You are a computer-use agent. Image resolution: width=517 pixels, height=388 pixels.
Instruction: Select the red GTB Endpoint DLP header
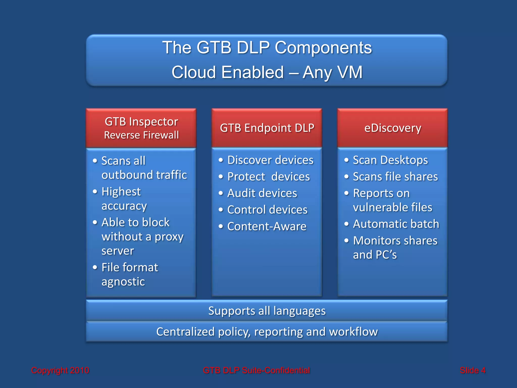[267, 128]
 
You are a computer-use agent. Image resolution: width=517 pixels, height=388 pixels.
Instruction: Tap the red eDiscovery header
[393, 128]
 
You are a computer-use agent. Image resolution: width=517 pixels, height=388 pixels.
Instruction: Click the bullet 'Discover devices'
[270, 160]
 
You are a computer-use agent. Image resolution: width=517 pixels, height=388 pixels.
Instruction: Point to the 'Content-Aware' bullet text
[267, 226]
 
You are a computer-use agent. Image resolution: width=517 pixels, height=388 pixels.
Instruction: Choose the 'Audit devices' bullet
[262, 193]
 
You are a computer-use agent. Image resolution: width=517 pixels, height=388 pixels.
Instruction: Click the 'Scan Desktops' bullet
[390, 160]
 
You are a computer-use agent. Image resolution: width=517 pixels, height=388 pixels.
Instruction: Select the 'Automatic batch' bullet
[396, 224]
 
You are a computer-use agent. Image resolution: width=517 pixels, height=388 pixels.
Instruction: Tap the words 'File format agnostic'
[130, 274]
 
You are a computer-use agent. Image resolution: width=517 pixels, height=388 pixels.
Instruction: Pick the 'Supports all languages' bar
[267, 311]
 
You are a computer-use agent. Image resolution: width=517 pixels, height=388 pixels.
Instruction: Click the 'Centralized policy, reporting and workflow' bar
[267, 332]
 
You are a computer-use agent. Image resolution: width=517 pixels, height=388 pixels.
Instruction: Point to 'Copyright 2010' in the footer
[60, 370]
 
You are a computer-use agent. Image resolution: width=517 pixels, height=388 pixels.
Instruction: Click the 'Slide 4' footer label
[473, 370]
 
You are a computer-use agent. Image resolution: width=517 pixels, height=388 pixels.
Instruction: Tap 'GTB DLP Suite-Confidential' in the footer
[256, 370]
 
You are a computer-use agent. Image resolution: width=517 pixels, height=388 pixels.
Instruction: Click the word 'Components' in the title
[323, 47]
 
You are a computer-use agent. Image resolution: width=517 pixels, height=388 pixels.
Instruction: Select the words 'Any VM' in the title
[332, 72]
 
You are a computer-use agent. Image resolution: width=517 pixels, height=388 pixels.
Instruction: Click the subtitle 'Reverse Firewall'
[141, 135]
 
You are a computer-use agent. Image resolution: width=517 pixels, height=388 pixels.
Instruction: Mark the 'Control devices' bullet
[267, 210]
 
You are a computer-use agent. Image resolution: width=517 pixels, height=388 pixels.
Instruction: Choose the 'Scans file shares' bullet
[395, 177]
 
